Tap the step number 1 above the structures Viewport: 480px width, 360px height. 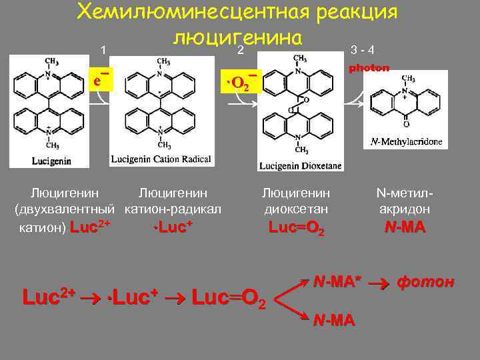(x=103, y=50)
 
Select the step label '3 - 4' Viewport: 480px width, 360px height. (x=362, y=50)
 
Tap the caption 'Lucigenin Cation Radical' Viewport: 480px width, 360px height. (x=161, y=159)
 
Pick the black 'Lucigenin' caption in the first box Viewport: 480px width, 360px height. (x=51, y=160)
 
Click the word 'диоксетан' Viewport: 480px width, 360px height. (x=296, y=209)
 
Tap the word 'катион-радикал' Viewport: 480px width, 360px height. (x=173, y=209)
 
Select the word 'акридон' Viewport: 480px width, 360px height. (x=405, y=209)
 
